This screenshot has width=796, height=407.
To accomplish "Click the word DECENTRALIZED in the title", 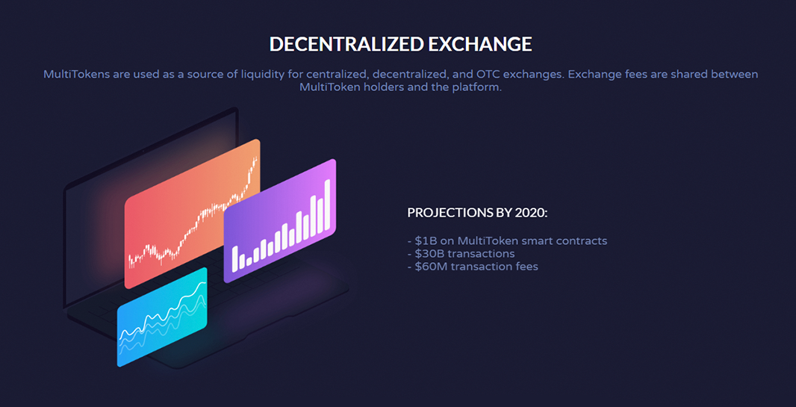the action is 346,44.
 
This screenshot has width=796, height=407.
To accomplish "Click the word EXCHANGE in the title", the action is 479,44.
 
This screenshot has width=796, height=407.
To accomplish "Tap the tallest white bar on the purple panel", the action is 328,205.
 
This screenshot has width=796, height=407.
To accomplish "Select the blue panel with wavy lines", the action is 162,317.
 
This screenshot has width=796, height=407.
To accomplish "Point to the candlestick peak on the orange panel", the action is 255,159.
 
